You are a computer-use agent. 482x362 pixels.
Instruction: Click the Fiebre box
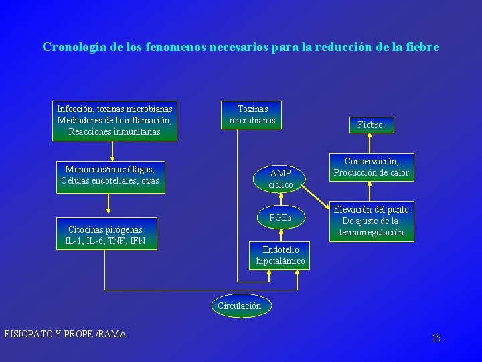tap(370, 125)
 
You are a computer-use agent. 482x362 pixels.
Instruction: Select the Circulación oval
tap(239, 306)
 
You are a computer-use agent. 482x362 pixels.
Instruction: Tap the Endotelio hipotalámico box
tap(280, 255)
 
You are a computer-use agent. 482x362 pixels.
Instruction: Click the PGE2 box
tap(280, 217)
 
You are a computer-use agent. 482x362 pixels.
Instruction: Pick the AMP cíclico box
tap(280, 178)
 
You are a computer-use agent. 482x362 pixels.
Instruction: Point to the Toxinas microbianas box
tap(252, 115)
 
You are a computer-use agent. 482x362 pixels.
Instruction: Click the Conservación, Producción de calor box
tap(371, 167)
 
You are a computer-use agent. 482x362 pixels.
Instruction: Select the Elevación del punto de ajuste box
tap(371, 221)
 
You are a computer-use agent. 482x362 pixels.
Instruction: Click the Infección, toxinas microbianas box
tap(114, 120)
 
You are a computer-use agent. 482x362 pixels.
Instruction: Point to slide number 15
tap(436, 338)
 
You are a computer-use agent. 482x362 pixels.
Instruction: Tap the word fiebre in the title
tap(422, 47)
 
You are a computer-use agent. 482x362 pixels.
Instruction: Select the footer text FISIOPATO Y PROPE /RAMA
tap(65, 334)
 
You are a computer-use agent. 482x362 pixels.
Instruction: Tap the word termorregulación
tap(371, 232)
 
